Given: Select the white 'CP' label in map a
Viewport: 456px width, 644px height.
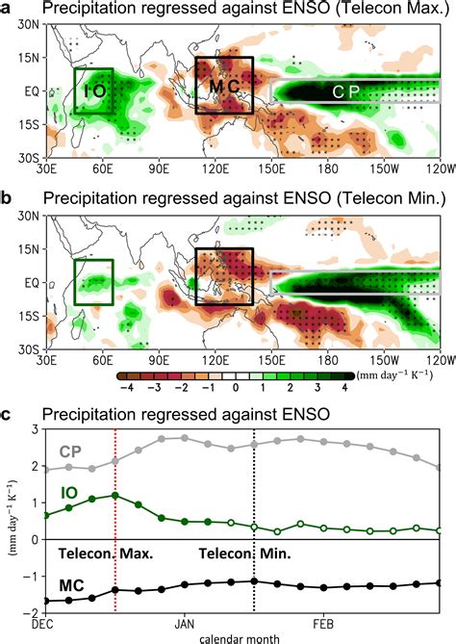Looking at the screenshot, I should pos(346,92).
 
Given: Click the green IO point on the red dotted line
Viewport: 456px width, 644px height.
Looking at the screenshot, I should pos(115,496).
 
